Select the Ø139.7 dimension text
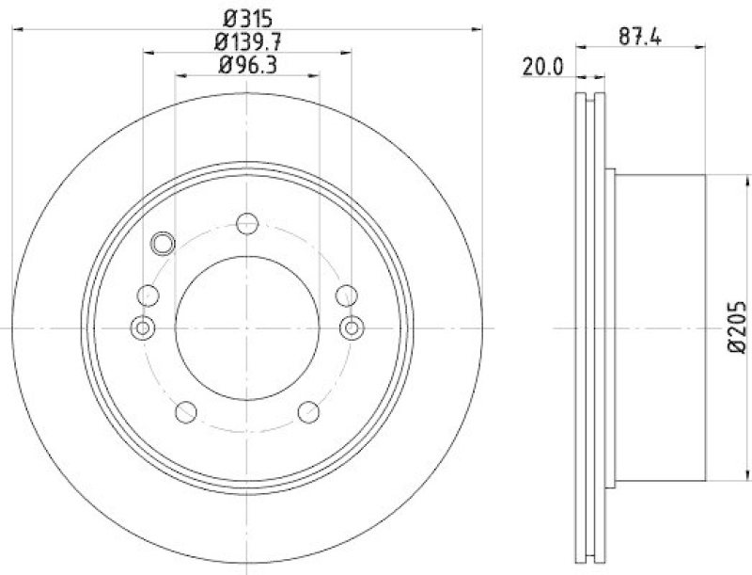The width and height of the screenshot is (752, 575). tap(247, 41)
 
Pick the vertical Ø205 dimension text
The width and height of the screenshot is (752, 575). tap(736, 327)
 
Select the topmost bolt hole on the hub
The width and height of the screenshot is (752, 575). tap(247, 224)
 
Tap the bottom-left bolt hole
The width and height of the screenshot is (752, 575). tap(186, 411)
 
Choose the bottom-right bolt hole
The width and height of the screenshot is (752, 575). tap(308, 411)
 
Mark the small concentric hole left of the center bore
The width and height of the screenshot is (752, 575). tap(143, 327)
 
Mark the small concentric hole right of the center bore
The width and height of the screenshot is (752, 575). tap(352, 327)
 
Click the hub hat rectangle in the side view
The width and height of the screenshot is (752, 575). tap(658, 327)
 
